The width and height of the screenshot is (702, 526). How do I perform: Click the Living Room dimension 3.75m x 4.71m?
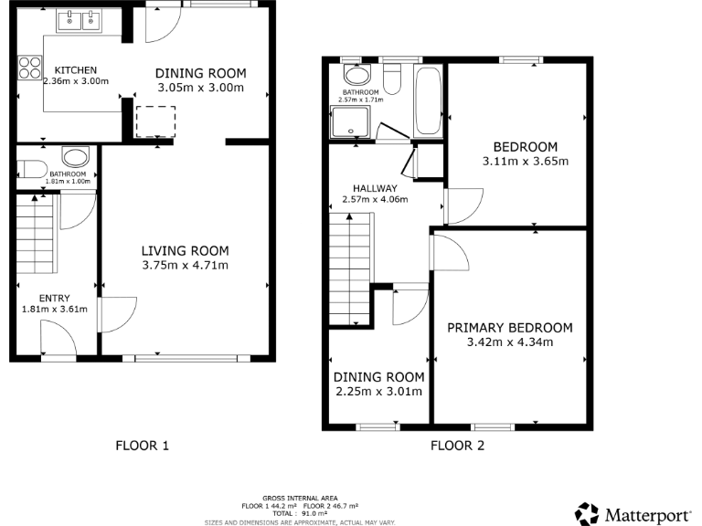185,266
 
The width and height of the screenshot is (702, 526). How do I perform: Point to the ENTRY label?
54,298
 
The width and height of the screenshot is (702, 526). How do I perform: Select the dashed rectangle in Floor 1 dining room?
154,121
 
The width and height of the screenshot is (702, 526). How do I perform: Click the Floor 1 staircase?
36,237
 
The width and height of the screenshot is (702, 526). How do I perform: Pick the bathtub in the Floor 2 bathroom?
428,100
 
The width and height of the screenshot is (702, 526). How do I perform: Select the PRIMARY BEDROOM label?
509,328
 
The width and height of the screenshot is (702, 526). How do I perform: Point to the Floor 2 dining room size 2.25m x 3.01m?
378,392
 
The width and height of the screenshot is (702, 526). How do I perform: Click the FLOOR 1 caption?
142,447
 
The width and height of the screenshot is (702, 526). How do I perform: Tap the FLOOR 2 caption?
457,447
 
